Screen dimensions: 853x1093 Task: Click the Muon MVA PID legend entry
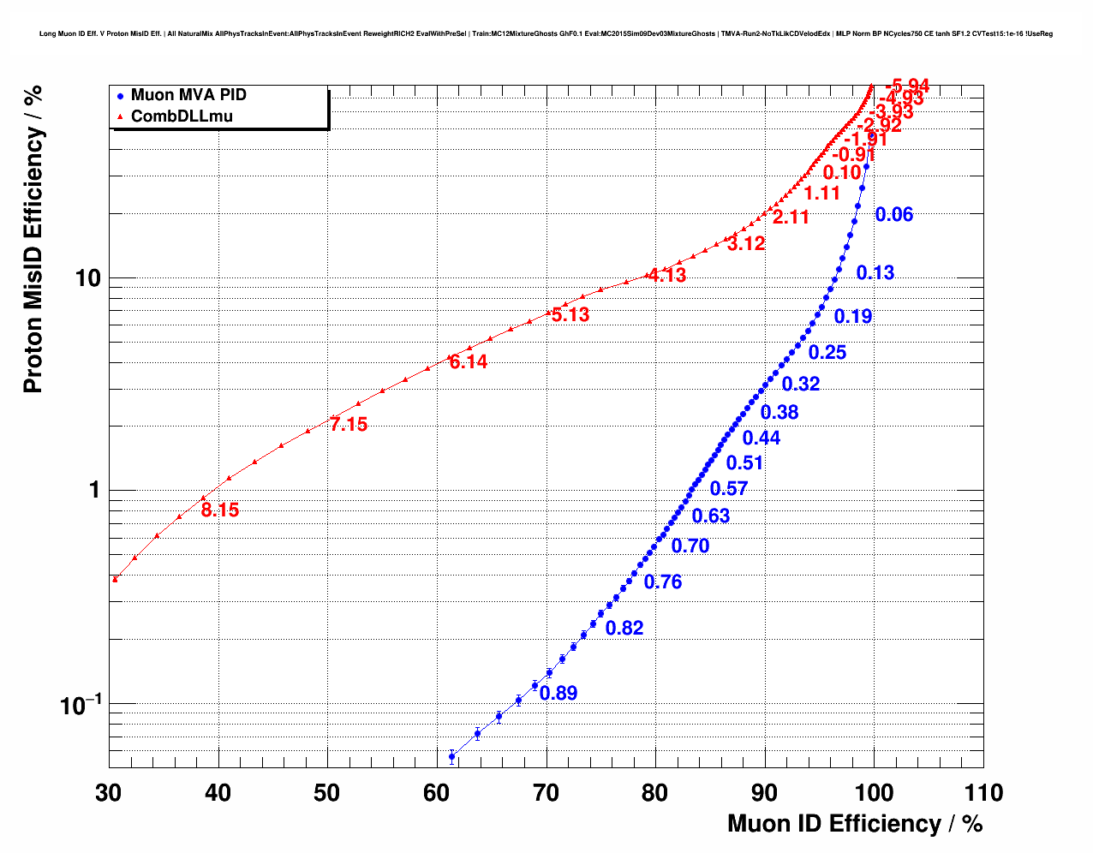[188, 96]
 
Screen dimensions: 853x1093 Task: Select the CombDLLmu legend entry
[181, 116]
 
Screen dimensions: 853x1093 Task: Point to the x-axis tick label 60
[437, 793]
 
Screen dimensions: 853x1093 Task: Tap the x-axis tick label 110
[983, 793]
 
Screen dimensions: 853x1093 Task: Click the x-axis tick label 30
[109, 793]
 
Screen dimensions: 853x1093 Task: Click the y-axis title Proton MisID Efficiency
[33, 240]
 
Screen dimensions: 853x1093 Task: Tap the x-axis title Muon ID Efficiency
[855, 824]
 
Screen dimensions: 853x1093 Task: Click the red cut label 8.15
[220, 510]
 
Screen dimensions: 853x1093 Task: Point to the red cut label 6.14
[469, 362]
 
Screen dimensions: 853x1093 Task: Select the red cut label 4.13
[667, 276]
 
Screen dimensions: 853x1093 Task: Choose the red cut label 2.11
[791, 218]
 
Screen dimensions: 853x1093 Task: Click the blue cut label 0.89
[558, 694]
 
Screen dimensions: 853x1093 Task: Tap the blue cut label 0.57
[729, 489]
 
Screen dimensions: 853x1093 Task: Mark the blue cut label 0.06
[894, 215]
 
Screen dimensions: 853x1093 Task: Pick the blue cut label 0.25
[827, 353]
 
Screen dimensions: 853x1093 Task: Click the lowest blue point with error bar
[452, 756]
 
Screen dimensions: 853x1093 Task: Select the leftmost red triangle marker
[115, 579]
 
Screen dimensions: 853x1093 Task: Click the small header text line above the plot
[546, 34]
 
